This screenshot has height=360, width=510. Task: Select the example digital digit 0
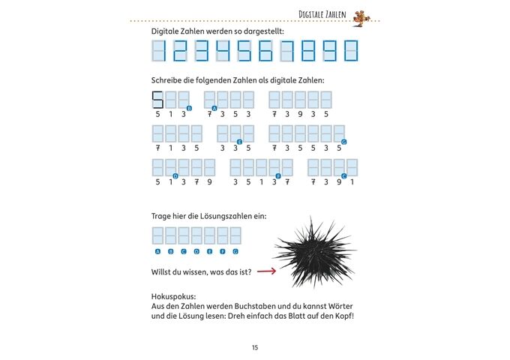click(351, 51)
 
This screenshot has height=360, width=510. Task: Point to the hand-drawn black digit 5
click(157, 100)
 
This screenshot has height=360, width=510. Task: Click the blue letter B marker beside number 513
click(189, 109)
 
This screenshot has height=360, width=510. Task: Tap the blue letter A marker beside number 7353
click(214, 109)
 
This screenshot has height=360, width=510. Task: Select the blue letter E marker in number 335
click(239, 142)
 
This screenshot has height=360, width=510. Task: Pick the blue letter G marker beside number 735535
click(343, 142)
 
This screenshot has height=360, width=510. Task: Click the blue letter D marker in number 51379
click(175, 175)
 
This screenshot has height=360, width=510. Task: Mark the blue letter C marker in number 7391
click(343, 175)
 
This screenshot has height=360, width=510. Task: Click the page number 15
click(255, 347)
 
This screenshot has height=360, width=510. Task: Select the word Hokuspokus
click(173, 296)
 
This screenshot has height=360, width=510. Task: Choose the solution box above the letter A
click(158, 235)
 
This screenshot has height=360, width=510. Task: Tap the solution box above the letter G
click(235, 235)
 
